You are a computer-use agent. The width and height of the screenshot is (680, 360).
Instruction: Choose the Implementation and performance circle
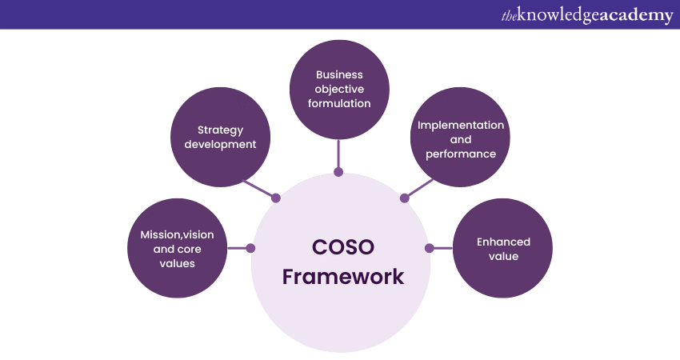point(461,137)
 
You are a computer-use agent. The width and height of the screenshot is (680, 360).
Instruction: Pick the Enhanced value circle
point(503,249)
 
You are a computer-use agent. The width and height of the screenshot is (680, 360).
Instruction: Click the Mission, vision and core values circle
point(178,249)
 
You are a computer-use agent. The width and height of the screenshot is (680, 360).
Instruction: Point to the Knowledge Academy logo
point(586,14)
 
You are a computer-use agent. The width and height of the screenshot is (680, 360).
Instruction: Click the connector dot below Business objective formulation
point(339,171)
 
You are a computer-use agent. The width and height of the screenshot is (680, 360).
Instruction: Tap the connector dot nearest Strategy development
point(277,198)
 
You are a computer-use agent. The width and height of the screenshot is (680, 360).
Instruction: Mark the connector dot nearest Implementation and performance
point(402,198)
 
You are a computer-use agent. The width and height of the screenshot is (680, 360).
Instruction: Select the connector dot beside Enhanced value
point(429,248)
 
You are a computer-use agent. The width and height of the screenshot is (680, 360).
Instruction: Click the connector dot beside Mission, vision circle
point(251,248)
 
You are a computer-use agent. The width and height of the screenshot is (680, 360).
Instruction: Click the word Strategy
point(220,130)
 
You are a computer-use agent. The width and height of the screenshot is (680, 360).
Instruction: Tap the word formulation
point(339,103)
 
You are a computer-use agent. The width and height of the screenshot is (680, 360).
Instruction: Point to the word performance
point(461,153)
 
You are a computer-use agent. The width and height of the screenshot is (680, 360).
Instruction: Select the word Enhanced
point(503,242)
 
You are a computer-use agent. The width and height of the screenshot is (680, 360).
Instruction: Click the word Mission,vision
point(178,234)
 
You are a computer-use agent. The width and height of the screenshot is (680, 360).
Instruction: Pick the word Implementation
point(461,125)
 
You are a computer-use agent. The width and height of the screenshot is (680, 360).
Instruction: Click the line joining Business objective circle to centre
point(339,154)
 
